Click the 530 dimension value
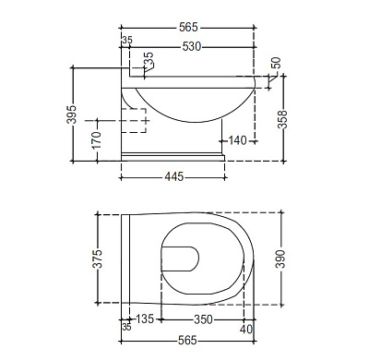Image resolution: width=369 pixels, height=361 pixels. pyautogui.click(x=192, y=47)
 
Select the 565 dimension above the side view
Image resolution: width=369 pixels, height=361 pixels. pyautogui.click(x=188, y=28)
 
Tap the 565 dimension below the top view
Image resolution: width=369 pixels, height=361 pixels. pyautogui.click(x=187, y=341)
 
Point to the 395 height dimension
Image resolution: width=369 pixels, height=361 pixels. pyautogui.click(x=71, y=114)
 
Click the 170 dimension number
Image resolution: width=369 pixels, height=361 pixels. pyautogui.click(x=97, y=140)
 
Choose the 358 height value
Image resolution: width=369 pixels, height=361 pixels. pyautogui.click(x=282, y=119)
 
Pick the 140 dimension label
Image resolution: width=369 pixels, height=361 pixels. pyautogui.click(x=238, y=140)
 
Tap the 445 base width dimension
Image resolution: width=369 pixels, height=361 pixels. pyautogui.click(x=174, y=176)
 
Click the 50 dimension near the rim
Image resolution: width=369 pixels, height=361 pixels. pyautogui.click(x=276, y=63)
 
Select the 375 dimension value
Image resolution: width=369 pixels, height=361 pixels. pyautogui.click(x=97, y=259)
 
